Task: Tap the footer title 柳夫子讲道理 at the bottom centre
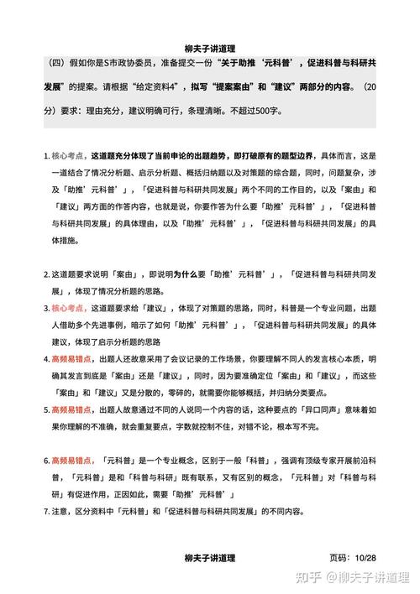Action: [x=210, y=558]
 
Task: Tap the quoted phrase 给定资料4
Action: [x=163, y=86]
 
